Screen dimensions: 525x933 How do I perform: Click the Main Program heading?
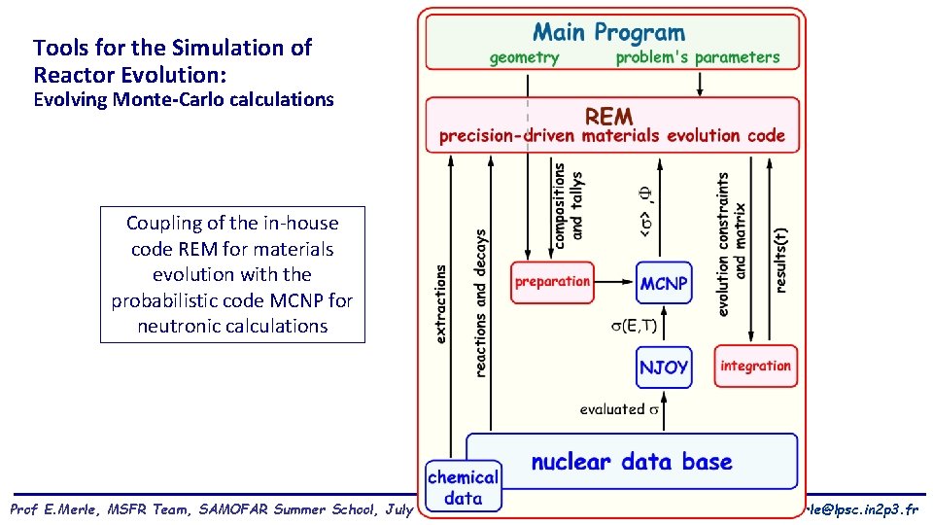point(609,33)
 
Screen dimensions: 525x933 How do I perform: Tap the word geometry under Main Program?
point(524,57)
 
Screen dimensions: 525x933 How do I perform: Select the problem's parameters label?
point(697,57)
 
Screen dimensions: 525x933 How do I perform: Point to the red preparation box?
point(552,282)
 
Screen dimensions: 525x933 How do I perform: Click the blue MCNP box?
point(664,284)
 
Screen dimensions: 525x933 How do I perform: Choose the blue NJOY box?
point(664,367)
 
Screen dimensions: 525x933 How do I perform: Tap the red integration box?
point(755,366)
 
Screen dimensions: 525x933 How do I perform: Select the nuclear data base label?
point(632,461)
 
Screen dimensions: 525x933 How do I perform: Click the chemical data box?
point(463,487)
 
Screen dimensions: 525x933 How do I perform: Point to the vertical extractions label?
point(441,304)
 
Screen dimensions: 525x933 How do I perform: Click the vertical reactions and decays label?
point(481,302)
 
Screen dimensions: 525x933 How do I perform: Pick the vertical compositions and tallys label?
point(568,206)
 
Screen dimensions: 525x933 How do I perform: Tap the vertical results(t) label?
point(782,247)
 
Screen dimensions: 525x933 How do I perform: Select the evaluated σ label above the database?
point(619,409)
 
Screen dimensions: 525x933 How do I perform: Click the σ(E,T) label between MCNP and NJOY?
point(639,325)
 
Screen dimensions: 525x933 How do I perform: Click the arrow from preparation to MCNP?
point(613,282)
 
